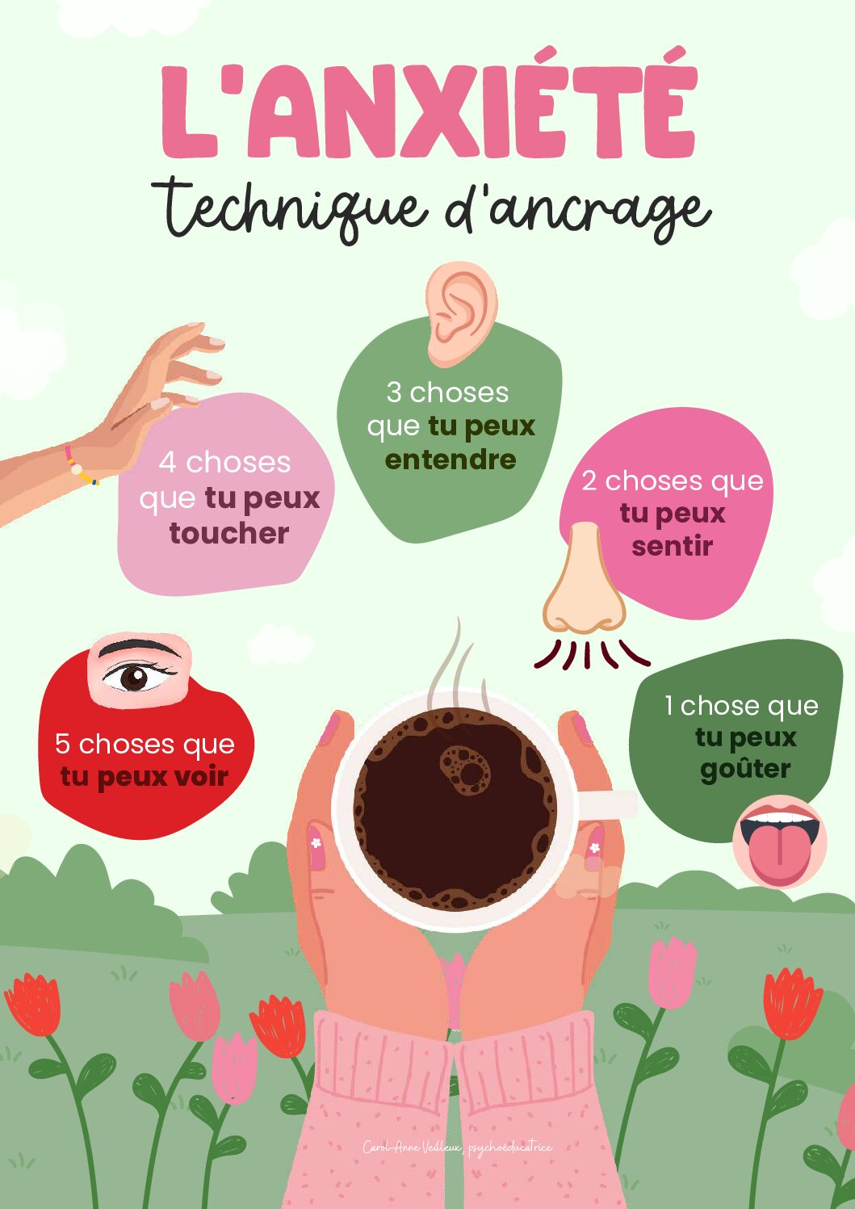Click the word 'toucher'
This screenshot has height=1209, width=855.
pos(229,533)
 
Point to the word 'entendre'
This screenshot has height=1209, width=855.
pos(450,460)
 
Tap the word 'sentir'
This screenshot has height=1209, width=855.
pos(672,546)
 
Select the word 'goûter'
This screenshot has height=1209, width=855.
pos(744,768)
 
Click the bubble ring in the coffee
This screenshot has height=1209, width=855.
pos(465,769)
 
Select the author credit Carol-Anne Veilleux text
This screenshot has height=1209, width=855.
pos(457,1147)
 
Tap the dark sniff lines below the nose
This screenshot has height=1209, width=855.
pos(589,653)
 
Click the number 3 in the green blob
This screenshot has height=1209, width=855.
pos(394,393)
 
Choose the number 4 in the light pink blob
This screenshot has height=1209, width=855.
pos(167,463)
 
